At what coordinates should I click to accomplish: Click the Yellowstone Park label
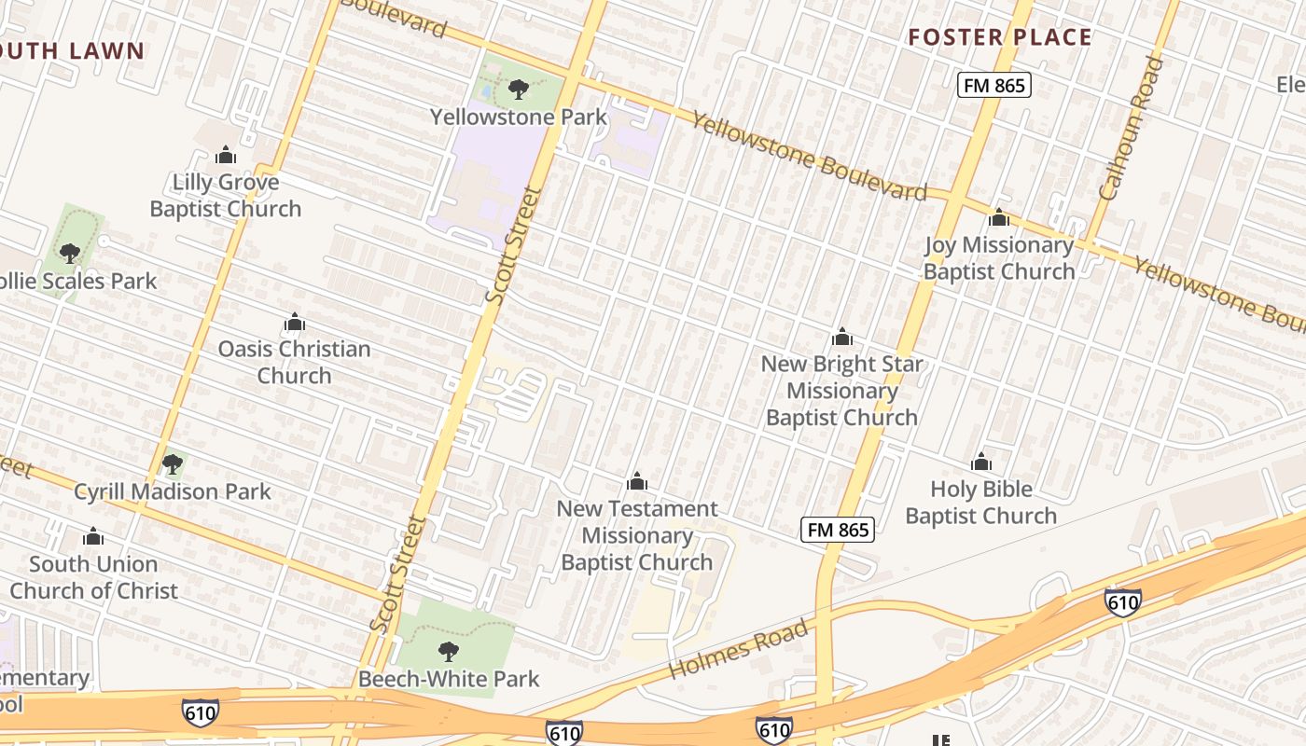click(x=519, y=117)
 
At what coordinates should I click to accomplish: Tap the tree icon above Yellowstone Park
click(x=519, y=90)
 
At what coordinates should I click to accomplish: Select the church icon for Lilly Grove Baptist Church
click(x=226, y=155)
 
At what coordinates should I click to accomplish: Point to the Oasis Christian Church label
click(x=294, y=362)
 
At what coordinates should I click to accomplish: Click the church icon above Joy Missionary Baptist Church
click(x=999, y=218)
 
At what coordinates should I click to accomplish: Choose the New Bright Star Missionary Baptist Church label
click(x=841, y=391)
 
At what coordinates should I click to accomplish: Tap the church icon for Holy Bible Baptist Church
click(x=980, y=463)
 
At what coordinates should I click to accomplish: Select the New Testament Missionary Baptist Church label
click(x=637, y=535)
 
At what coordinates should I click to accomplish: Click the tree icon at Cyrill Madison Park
click(x=172, y=463)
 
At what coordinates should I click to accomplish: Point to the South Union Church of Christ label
click(x=93, y=577)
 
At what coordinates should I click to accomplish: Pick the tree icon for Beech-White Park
click(x=449, y=651)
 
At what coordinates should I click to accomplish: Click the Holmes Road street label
click(x=738, y=650)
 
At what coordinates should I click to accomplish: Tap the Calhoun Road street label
click(x=1132, y=129)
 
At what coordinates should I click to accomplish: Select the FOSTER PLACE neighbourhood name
click(x=1000, y=37)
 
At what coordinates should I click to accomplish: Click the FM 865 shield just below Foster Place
click(x=993, y=86)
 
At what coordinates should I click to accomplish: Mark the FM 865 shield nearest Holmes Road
click(x=838, y=530)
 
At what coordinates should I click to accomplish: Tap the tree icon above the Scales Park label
click(x=69, y=253)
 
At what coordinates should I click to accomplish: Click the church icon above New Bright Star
click(x=842, y=338)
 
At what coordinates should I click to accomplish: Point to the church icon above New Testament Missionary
click(x=637, y=482)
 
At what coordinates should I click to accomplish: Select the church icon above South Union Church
click(x=92, y=537)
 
